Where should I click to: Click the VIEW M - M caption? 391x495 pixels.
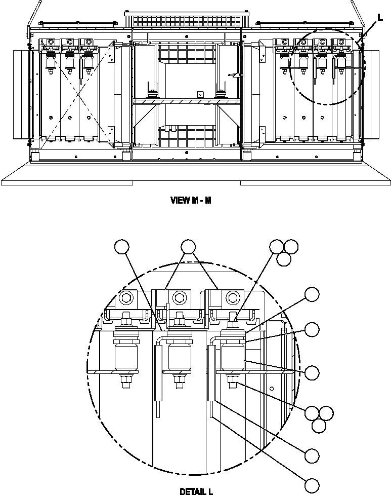pos(191,200)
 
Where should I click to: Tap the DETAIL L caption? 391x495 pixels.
pos(196,491)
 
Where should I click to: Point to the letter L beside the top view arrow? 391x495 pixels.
pos(380,17)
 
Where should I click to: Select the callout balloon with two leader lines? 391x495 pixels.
pos(188,247)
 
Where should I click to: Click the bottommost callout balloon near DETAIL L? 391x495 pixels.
pos(312,484)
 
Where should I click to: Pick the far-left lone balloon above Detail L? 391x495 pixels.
pos(122,247)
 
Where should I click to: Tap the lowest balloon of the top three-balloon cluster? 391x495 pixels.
pos(284,259)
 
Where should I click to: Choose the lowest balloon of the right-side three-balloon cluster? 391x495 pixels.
pos(319,426)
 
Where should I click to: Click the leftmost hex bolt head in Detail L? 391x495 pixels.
pos(124,297)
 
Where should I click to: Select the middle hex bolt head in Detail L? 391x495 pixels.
pos(178,296)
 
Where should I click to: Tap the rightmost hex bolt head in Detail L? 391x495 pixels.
pos(232,296)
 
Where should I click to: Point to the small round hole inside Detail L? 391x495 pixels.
pos(272,389)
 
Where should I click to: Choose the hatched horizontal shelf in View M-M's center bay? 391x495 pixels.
pos(187,102)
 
